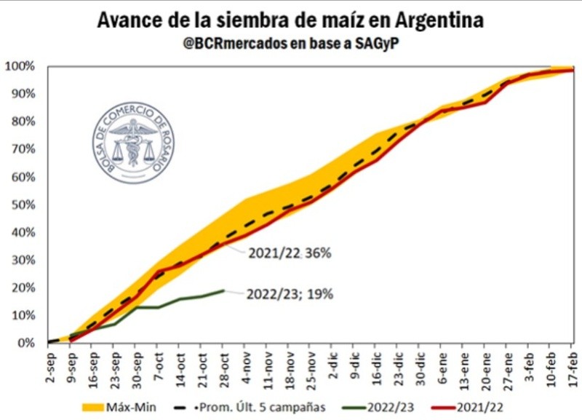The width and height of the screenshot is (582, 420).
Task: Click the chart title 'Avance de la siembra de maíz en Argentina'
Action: [291, 20]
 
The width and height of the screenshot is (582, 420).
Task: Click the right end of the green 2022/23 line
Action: [224, 290]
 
